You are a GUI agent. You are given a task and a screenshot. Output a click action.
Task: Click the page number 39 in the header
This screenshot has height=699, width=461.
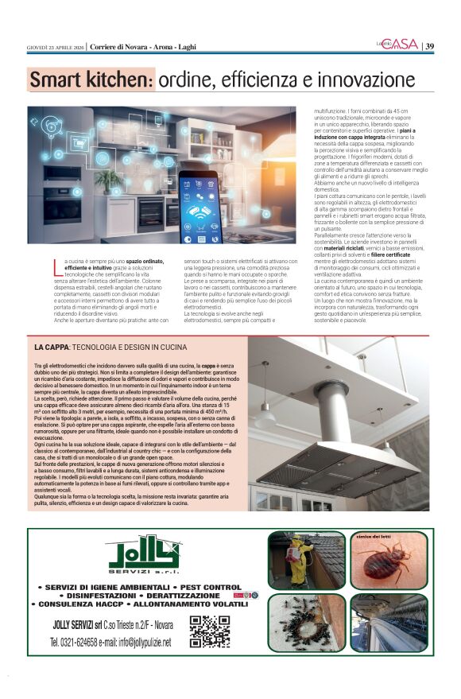tap(429, 46)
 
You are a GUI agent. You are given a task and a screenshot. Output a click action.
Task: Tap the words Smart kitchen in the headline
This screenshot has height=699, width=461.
tap(90, 80)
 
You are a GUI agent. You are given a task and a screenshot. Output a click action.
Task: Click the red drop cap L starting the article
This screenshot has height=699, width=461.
tap(56, 262)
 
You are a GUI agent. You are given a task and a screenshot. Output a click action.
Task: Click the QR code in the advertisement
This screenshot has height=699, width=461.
tap(210, 631)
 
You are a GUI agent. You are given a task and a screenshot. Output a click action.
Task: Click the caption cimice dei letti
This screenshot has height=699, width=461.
tap(380, 538)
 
